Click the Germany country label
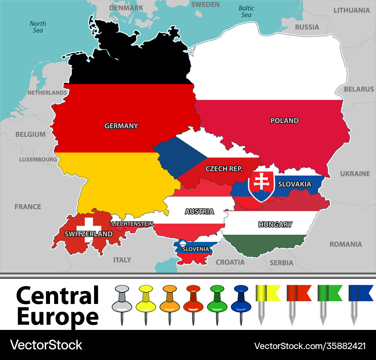click(x=121, y=126)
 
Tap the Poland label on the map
click(x=285, y=121)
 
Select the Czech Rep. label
click(x=224, y=169)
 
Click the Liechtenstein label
click(x=132, y=224)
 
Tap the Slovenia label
click(x=196, y=249)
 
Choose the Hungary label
click(x=275, y=225)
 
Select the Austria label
click(x=199, y=211)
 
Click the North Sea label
click(x=38, y=27)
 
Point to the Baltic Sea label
click(x=246, y=11)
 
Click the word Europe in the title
click(x=58, y=317)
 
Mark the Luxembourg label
click(x=38, y=159)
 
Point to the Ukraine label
click(x=355, y=174)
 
